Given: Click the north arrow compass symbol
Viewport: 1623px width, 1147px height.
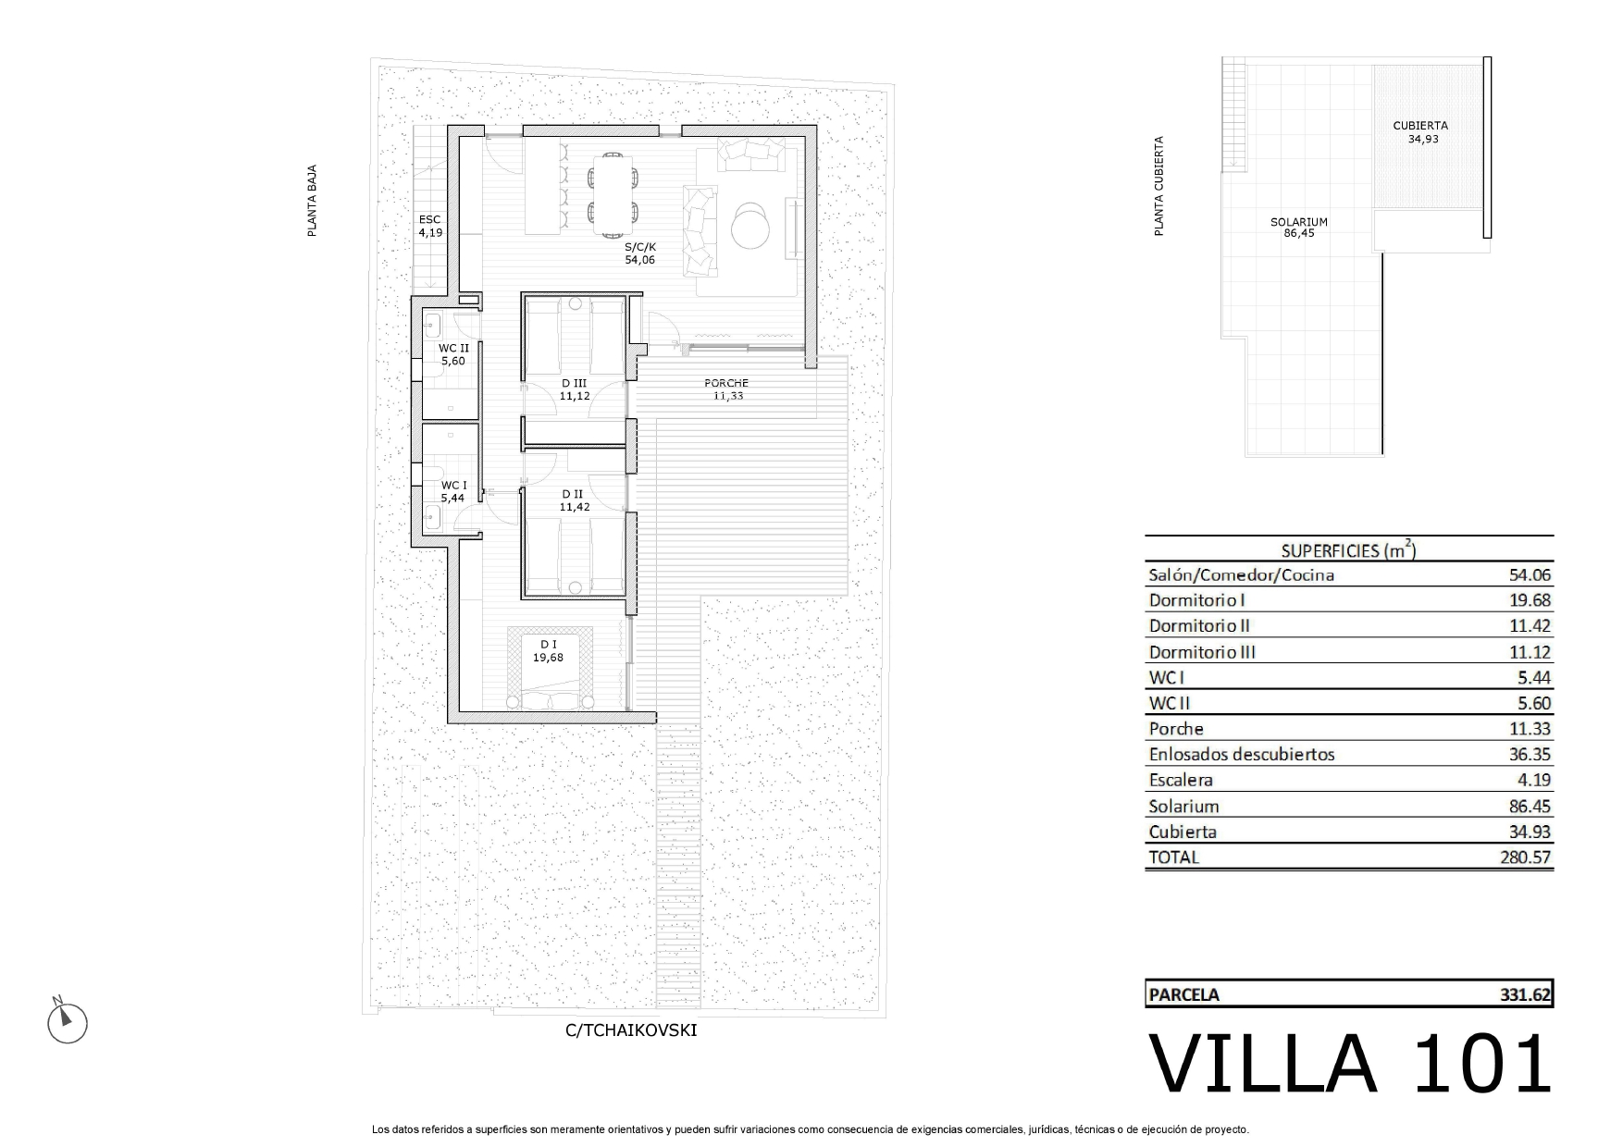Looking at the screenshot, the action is (x=67, y=1021).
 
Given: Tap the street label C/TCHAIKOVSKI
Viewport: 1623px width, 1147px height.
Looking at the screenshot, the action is (x=631, y=1030).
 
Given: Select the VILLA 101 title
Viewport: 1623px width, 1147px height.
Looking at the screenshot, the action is (x=1350, y=1064).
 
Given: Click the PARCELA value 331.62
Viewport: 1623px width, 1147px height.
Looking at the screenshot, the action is (x=1525, y=995).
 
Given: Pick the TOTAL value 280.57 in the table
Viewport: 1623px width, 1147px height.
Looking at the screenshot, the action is (x=1525, y=857).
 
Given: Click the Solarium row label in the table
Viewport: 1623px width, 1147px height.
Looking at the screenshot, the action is (x=1183, y=807).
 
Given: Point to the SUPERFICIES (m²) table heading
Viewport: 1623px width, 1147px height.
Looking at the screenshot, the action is (x=1348, y=549).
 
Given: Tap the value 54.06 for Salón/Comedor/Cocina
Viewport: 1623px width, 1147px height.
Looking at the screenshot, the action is (x=1530, y=575).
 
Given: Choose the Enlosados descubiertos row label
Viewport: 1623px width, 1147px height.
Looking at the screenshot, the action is (x=1242, y=755).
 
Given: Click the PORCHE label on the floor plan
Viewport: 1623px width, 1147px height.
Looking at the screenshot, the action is (x=726, y=383).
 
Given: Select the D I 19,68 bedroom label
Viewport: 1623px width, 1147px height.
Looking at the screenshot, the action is (x=548, y=651).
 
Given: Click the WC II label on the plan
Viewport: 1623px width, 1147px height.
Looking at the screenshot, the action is (x=453, y=348).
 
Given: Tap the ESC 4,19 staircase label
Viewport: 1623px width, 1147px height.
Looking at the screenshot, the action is (x=430, y=226).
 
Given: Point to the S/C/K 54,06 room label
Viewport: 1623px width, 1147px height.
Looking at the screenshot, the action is (x=639, y=253).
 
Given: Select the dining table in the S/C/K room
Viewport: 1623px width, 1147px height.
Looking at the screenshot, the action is (x=613, y=194).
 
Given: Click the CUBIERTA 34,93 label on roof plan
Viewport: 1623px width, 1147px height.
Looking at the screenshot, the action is (x=1421, y=132).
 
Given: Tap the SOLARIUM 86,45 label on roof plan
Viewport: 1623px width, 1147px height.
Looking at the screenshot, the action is (x=1299, y=228).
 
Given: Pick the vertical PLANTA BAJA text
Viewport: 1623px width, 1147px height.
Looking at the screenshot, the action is (x=313, y=202).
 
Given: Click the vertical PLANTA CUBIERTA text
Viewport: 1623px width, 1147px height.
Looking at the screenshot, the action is (x=1158, y=187).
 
